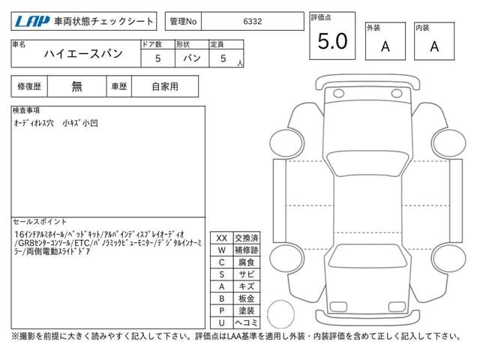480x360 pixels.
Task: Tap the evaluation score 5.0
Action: pyautogui.click(x=332, y=42)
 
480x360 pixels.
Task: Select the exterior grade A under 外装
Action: pyautogui.click(x=385, y=46)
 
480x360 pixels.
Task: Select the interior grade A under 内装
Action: pyautogui.click(x=434, y=46)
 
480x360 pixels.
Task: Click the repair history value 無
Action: pyautogui.click(x=77, y=86)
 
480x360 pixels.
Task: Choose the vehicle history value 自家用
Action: pyautogui.click(x=164, y=86)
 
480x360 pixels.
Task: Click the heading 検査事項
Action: pyautogui.click(x=27, y=110)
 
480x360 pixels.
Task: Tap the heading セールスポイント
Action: pyautogui.click(x=39, y=222)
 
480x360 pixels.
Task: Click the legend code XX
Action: pyautogui.click(x=221, y=238)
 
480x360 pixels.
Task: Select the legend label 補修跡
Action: pyautogui.click(x=246, y=250)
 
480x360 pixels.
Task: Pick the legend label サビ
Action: pyautogui.click(x=246, y=274)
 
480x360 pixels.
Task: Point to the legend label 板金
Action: pyautogui.click(x=246, y=298)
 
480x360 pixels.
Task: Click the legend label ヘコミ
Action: pyautogui.click(x=246, y=322)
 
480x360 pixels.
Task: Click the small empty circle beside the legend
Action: pyautogui.click(x=280, y=312)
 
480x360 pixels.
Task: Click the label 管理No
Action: pyautogui.click(x=184, y=22)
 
